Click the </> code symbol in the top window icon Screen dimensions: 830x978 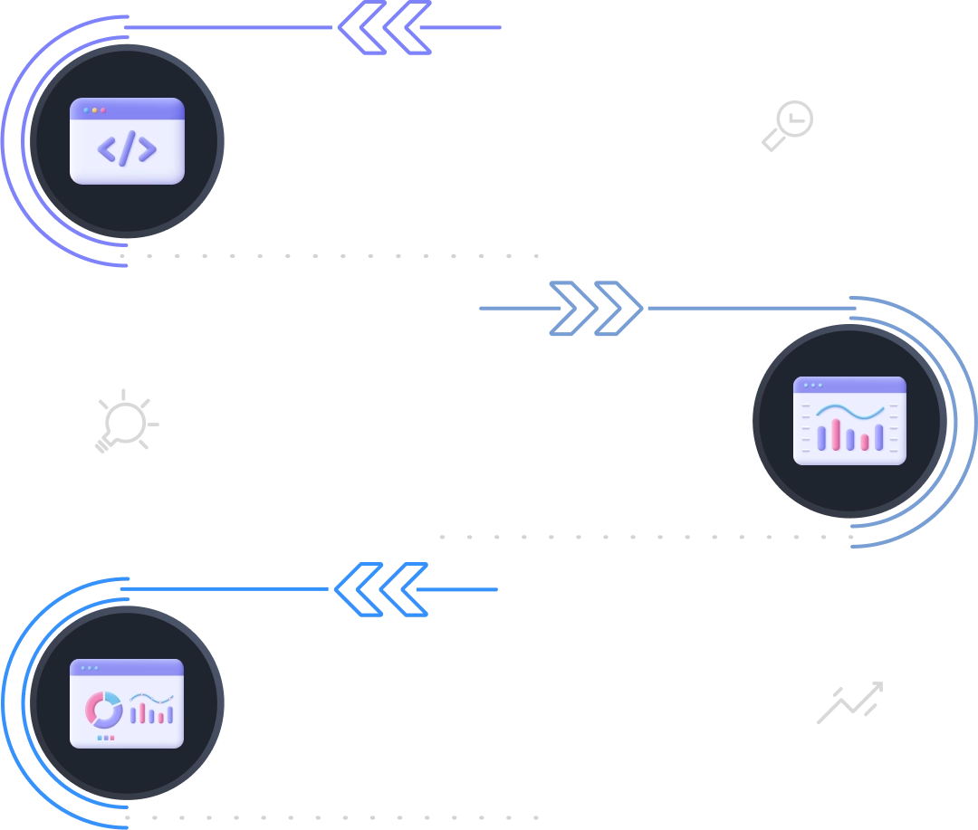(127, 148)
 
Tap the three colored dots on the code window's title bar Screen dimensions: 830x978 (94, 110)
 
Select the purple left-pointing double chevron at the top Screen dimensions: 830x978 (386, 28)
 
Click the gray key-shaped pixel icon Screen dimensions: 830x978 (788, 123)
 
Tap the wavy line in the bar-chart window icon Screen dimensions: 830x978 (849, 413)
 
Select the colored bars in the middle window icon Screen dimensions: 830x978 (849, 436)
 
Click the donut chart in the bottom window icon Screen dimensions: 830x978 (103, 710)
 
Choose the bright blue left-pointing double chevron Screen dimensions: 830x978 (381, 589)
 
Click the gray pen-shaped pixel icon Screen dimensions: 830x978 (847, 705)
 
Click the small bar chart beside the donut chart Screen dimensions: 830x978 (151, 710)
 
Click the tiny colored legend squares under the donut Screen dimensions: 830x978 (105, 738)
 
